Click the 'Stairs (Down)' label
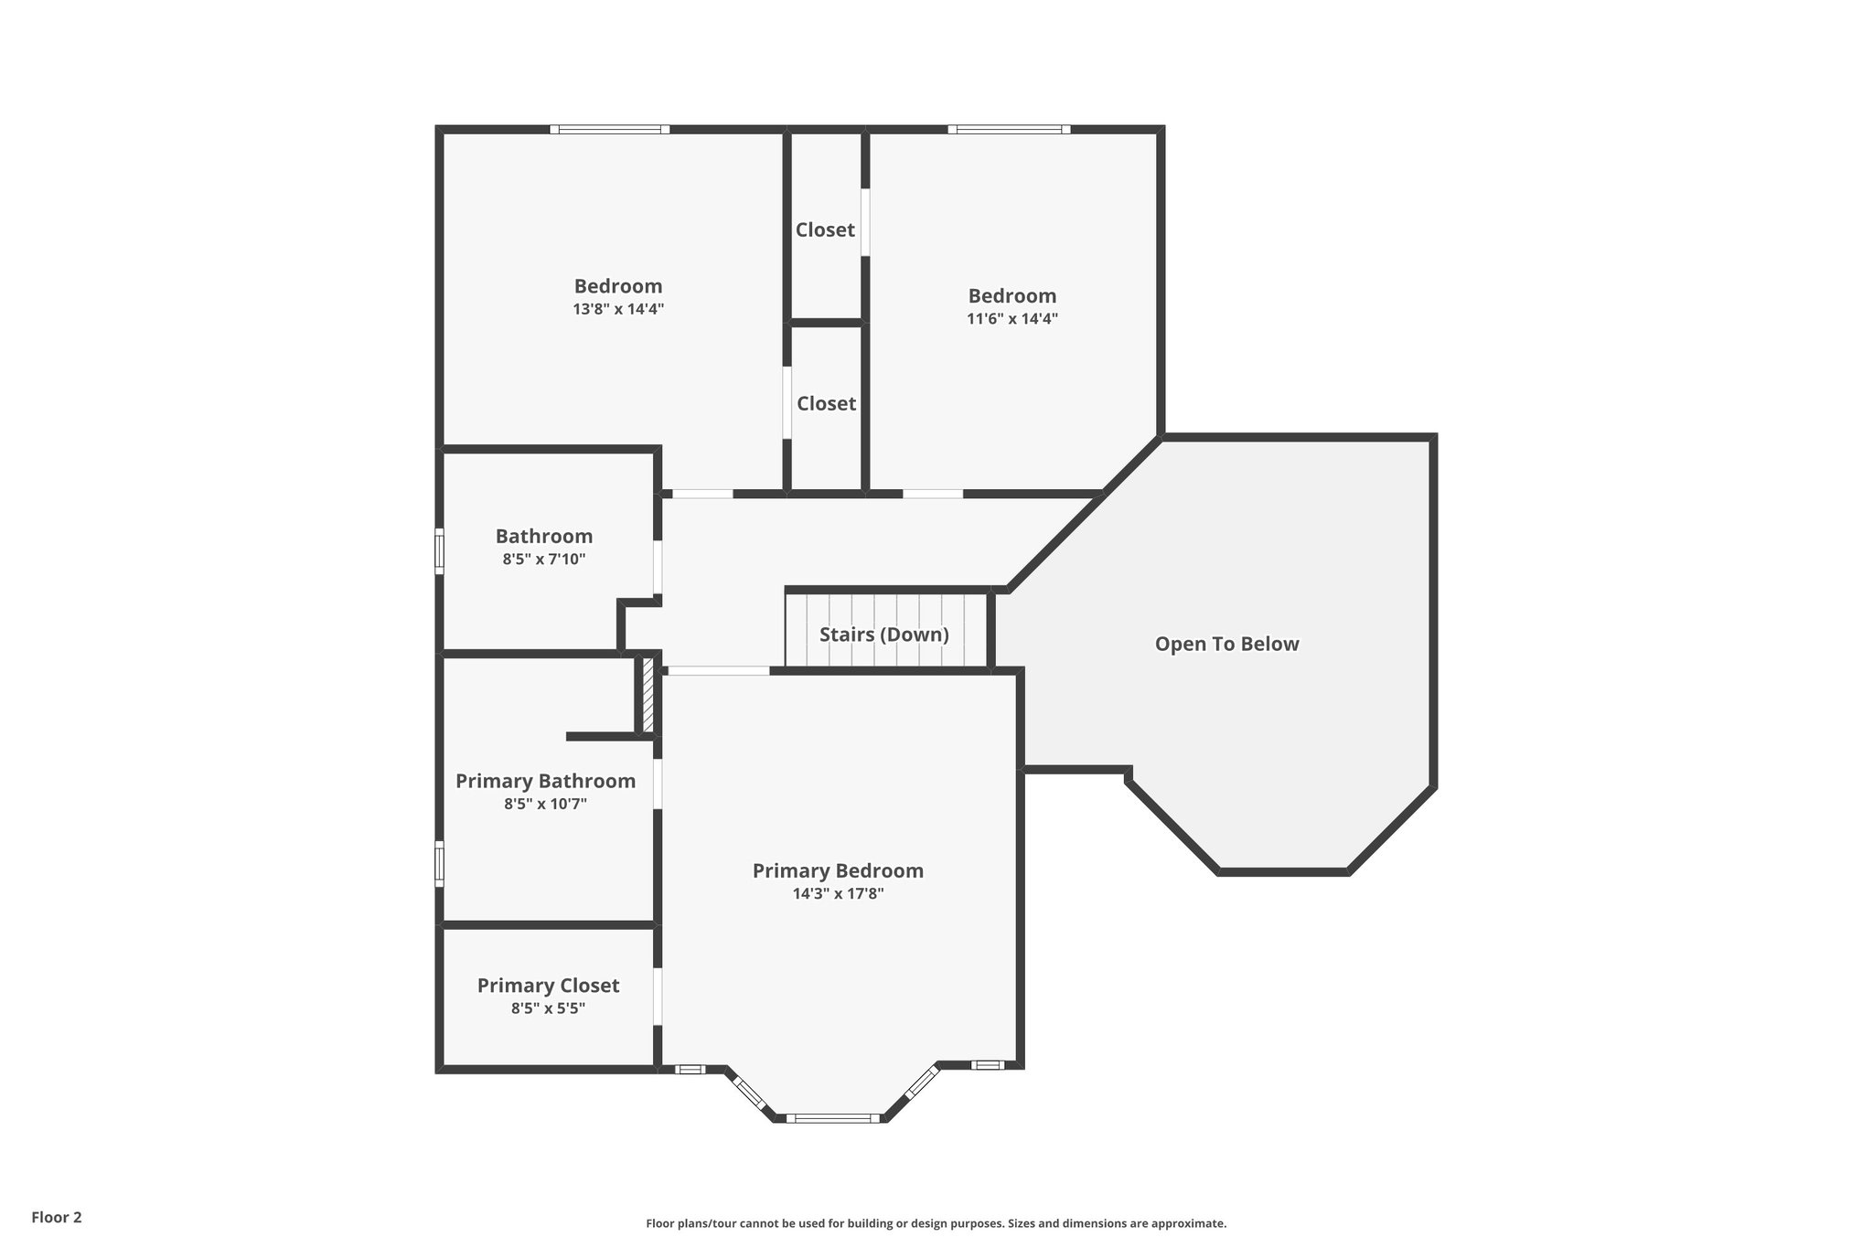click(x=883, y=635)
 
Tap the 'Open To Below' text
click(x=1226, y=644)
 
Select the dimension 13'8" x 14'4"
click(x=618, y=309)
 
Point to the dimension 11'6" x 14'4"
click(x=1012, y=319)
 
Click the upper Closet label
click(x=825, y=230)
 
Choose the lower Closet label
click(x=826, y=404)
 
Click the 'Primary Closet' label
click(x=548, y=986)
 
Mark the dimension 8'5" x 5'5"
click(x=548, y=1008)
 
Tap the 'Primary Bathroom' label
click(x=545, y=781)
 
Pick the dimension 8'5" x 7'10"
click(x=544, y=560)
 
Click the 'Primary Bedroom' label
click(x=838, y=870)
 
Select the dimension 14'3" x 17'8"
click(x=838, y=894)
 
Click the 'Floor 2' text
click(x=57, y=1217)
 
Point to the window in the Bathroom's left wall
click(x=439, y=551)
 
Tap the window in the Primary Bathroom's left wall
click(x=439, y=863)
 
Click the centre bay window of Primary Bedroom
click(x=832, y=1117)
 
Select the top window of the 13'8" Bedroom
click(x=610, y=130)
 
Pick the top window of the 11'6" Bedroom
click(x=1009, y=130)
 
